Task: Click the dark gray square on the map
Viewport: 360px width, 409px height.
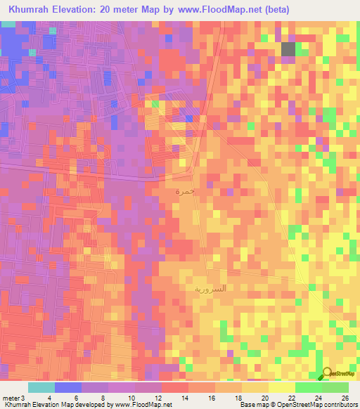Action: click(x=288, y=48)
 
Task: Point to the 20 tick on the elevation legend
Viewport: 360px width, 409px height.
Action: click(x=269, y=398)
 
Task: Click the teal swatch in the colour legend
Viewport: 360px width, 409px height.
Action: click(x=41, y=387)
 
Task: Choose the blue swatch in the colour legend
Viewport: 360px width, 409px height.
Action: click(x=68, y=387)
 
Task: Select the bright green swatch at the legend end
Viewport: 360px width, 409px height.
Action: click(x=335, y=387)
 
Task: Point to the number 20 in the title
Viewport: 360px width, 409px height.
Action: click(x=112, y=11)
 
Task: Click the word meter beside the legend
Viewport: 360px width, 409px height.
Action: click(x=10, y=398)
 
